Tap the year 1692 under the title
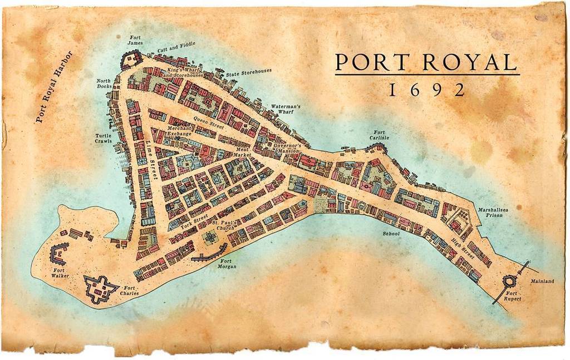point(427,90)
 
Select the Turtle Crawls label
point(104,138)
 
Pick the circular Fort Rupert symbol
point(509,282)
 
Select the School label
point(391,234)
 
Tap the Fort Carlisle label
point(379,135)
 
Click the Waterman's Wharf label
point(286,109)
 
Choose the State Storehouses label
point(249,73)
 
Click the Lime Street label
point(151,161)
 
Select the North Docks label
point(105,83)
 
